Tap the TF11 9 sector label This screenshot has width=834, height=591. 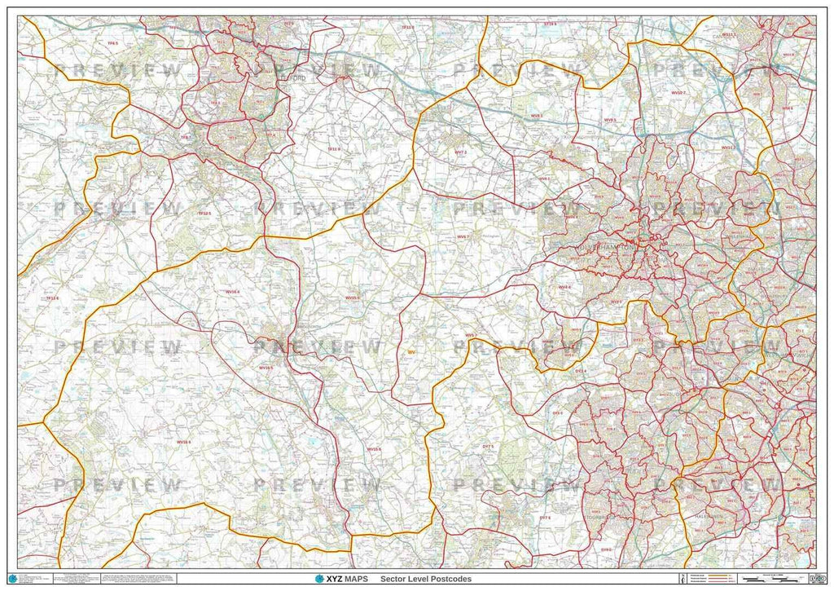[333, 150]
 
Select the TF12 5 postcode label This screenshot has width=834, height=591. [204, 213]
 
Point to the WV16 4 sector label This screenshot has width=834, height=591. [233, 291]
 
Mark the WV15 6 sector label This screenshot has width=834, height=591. [374, 449]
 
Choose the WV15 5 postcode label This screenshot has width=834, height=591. [352, 298]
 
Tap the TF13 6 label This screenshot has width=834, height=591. [53, 299]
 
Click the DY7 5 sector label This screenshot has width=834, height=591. [488, 448]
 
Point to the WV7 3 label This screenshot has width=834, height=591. [460, 152]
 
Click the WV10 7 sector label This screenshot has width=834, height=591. [678, 94]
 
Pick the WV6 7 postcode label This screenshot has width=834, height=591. [463, 236]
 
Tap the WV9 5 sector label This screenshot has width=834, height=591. [609, 120]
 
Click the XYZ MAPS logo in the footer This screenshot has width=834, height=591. [341, 579]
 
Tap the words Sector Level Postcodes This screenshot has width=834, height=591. [431, 579]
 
